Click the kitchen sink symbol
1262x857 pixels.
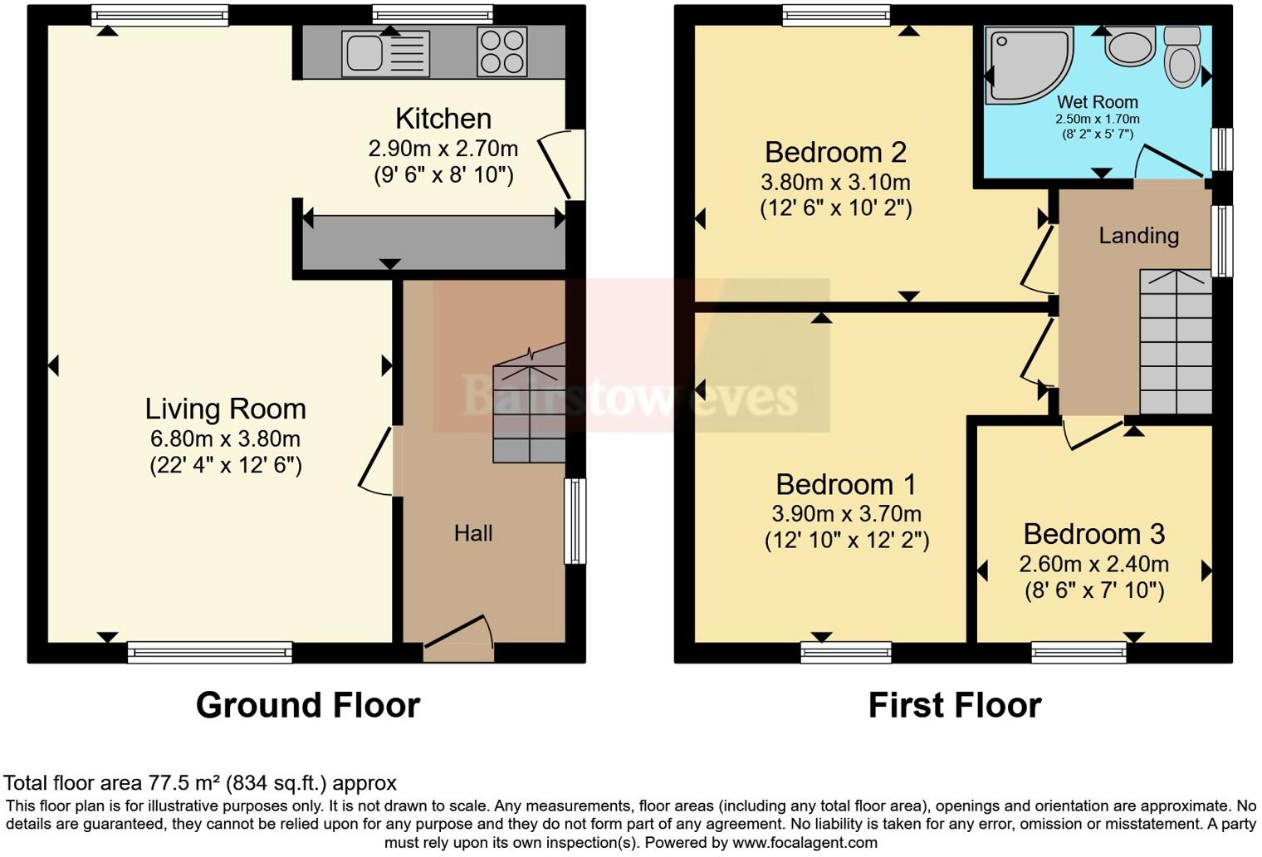pos(385,53)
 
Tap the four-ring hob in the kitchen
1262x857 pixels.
pos(501,52)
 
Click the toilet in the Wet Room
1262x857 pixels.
pos(1181,56)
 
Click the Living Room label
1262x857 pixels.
pos(225,409)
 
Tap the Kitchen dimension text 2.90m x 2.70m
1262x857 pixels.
pos(443,149)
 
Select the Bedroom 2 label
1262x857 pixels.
pos(835,152)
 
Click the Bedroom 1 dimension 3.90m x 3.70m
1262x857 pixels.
pos(846,513)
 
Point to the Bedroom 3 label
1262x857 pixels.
pos(1093,533)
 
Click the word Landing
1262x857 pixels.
pos(1138,236)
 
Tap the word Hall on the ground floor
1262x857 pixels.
pos(473,533)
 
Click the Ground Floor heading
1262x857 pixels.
pos(307,705)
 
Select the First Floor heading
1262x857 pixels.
pos(954,705)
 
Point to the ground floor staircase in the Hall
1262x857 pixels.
pos(529,414)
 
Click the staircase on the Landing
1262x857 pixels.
pos(1175,341)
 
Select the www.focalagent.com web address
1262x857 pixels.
pos(805,842)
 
